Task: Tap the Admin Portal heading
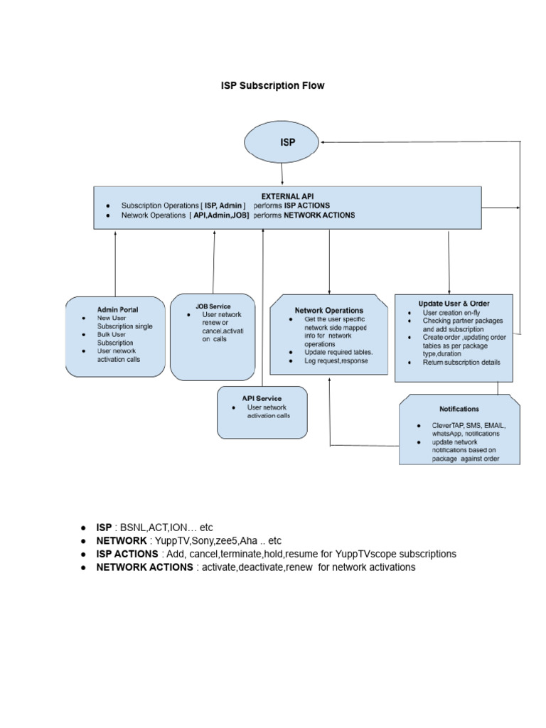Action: tap(118, 309)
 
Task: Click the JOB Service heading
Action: tap(213, 306)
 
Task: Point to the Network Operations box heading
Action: tap(328, 310)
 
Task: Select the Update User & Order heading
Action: tap(454, 304)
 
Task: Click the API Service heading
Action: tap(261, 398)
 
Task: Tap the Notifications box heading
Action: tap(459, 409)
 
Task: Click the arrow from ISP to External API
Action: tap(282, 173)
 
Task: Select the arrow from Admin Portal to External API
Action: tap(115, 263)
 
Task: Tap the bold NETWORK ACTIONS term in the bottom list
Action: tap(144, 567)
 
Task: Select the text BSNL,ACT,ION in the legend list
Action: tap(158, 528)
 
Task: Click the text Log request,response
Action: tap(336, 361)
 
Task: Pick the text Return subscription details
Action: tap(461, 363)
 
